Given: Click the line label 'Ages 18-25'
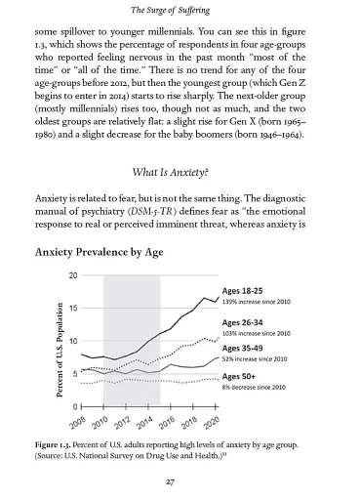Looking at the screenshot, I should coord(246,291).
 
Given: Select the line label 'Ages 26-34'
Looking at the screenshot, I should coord(246,322).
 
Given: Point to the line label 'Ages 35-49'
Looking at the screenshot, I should coord(246,348).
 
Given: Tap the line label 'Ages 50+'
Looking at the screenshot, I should coord(242,377).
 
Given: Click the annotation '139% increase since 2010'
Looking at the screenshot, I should coord(261,302).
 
